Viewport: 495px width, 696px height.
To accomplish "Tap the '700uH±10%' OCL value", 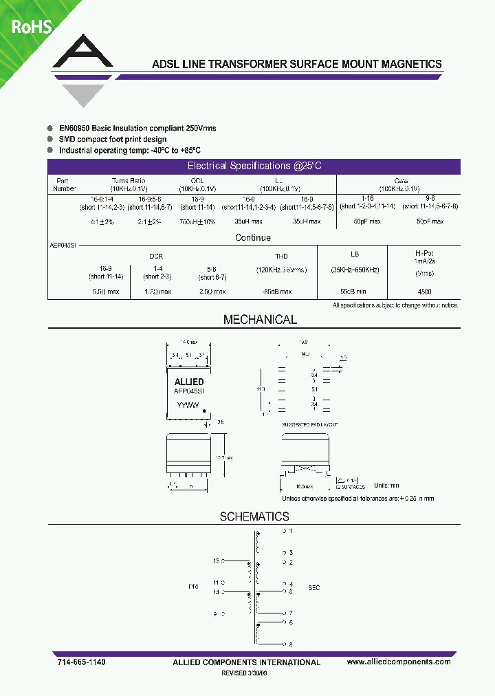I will tap(197, 221).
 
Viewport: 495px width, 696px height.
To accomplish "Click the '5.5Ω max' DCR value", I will tap(106, 292).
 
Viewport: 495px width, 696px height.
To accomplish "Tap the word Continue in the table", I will tap(253, 237).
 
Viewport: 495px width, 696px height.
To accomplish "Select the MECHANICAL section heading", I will tap(260, 320).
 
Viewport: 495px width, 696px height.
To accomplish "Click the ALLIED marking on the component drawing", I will tap(188, 382).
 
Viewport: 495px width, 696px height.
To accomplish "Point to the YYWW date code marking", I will tap(188, 406).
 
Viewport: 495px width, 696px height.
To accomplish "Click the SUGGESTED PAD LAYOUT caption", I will tap(310, 425).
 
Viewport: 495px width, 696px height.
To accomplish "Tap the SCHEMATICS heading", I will tap(254, 516).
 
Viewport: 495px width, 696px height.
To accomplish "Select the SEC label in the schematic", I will tap(313, 588).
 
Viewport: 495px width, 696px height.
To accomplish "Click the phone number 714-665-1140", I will tap(81, 662).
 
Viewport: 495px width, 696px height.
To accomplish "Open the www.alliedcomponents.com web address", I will tap(399, 662).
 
